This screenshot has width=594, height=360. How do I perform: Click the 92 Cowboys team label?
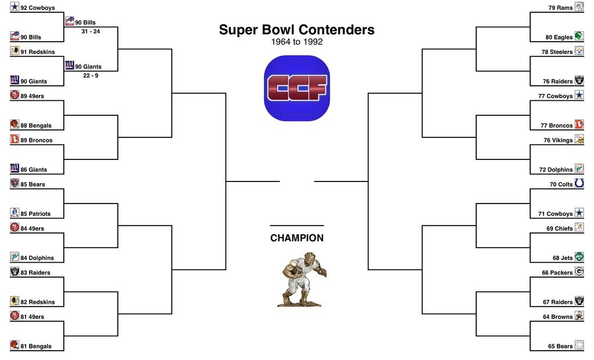(x=38, y=8)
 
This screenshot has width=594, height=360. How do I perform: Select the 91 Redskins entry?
(x=38, y=52)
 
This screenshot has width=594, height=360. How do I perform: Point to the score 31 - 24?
(x=90, y=31)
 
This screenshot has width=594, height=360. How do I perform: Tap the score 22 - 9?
(x=90, y=76)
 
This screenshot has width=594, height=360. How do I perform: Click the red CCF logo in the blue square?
(x=297, y=88)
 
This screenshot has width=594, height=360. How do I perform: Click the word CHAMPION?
(x=297, y=238)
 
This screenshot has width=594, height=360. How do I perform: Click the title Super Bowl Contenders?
(x=296, y=30)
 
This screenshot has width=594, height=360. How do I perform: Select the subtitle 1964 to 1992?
(x=296, y=42)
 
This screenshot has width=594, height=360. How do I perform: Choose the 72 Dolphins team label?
(x=556, y=170)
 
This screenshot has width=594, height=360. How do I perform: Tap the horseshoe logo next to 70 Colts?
(x=579, y=183)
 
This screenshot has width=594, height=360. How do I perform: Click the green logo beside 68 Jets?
(x=579, y=257)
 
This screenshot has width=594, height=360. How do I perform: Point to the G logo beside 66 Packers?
(x=579, y=271)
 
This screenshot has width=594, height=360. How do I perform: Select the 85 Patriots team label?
(x=35, y=214)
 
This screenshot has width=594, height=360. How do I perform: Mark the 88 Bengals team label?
(x=36, y=126)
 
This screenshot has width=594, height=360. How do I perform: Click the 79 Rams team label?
(x=560, y=8)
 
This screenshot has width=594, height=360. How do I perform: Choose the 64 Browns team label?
(x=557, y=317)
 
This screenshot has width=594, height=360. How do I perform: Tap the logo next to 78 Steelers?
(x=579, y=51)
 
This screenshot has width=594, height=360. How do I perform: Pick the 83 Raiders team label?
(x=35, y=272)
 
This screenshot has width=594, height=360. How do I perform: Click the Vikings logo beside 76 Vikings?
(x=579, y=139)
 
